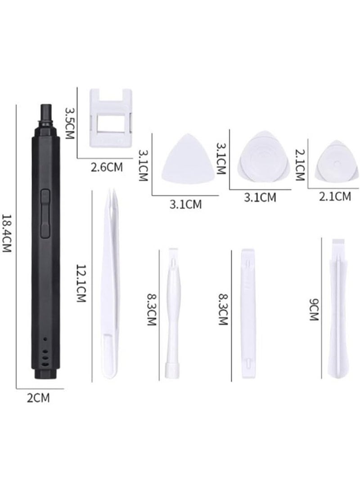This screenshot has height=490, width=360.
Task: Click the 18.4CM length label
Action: click(7, 233)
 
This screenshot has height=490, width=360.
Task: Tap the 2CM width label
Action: click(38, 398)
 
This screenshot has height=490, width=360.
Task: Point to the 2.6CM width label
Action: click(107, 168)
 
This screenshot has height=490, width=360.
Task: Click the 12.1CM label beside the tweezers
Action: click(81, 283)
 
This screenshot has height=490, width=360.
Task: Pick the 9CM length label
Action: click(314, 309)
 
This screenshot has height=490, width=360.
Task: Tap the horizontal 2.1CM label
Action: click(335, 196)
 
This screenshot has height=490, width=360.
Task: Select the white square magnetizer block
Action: click(110, 118)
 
